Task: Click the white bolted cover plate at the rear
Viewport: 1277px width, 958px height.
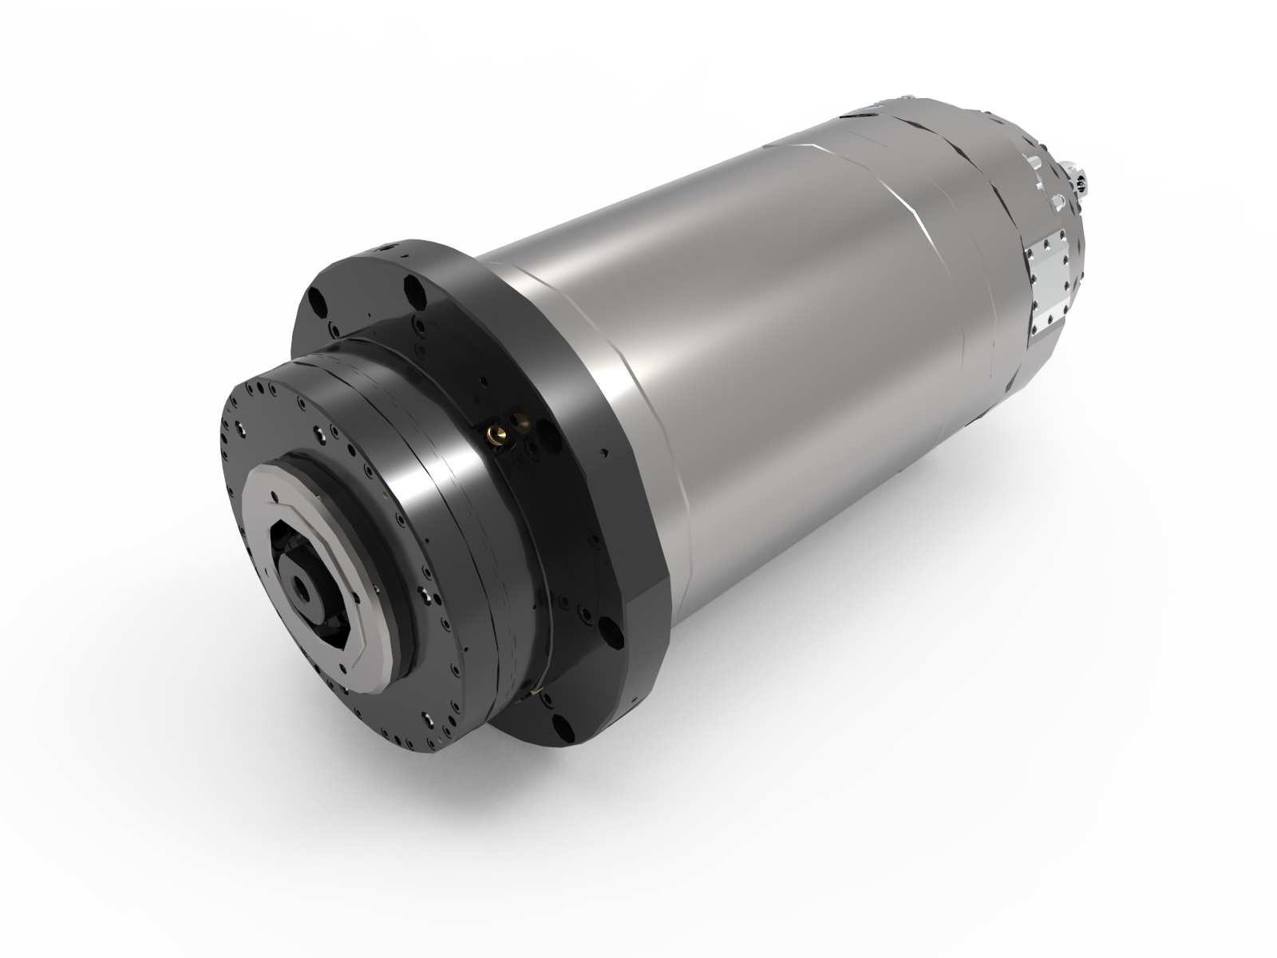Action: click(x=1050, y=280)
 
